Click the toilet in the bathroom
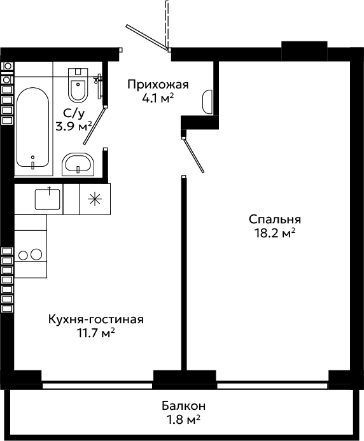[x=78, y=85]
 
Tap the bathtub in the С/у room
[x=32, y=127]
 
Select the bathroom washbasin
[x=78, y=165]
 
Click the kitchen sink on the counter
[x=47, y=199]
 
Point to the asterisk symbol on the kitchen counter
[x=95, y=199]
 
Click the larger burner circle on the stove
[x=36, y=255]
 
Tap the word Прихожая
[x=158, y=85]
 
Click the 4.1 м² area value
[x=158, y=99]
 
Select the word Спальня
[x=275, y=220]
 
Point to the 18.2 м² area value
[x=275, y=233]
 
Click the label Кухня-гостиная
[x=96, y=319]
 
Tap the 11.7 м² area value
[x=96, y=333]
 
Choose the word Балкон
[x=183, y=406]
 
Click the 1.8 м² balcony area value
[x=183, y=420]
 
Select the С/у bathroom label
[x=74, y=113]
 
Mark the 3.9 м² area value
[x=74, y=127]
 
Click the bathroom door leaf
[x=95, y=125]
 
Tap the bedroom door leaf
[x=193, y=155]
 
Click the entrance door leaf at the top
[x=147, y=38]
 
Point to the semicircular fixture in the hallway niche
[x=207, y=102]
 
